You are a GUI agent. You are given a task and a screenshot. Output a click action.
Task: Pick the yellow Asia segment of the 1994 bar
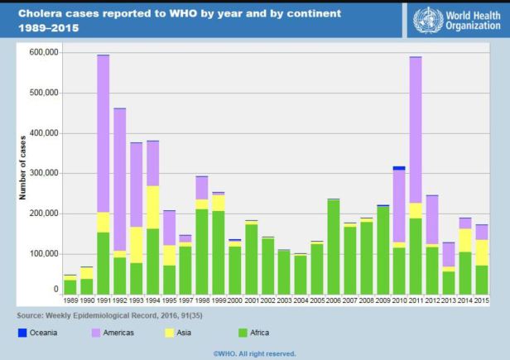coord(153,208)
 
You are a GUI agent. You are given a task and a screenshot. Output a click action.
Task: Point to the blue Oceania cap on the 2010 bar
coord(399,168)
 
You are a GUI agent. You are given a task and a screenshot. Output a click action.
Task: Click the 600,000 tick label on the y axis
coord(42,52)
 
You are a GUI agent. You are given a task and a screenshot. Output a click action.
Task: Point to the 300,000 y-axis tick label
coord(42,173)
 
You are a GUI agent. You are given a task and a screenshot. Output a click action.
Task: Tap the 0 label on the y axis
coord(55,290)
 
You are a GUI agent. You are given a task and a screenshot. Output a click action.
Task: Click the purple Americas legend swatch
coord(98,333)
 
